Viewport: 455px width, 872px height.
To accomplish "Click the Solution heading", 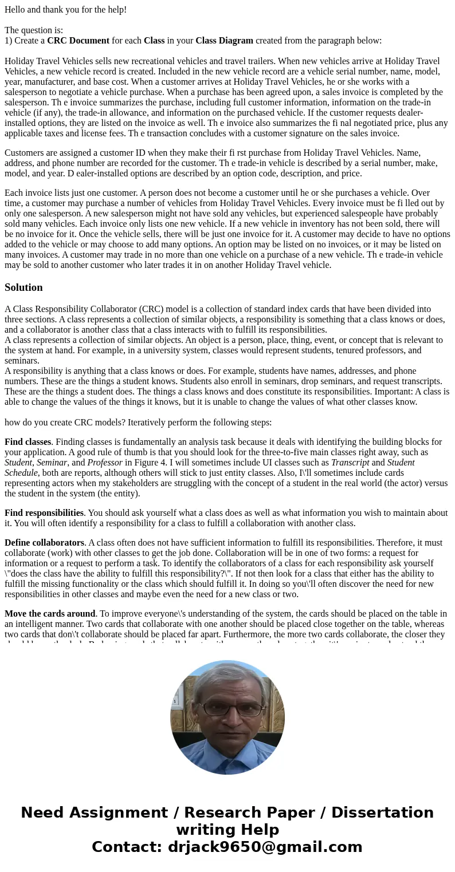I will (x=23, y=287).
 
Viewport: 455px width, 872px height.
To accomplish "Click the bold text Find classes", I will (x=28, y=442).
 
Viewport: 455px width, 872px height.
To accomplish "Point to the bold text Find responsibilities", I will (x=44, y=513).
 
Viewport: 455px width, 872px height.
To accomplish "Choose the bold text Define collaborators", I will (x=44, y=543).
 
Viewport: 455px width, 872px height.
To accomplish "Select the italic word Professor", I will (x=104, y=463).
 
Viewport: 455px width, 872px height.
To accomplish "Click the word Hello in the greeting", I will (x=17, y=10).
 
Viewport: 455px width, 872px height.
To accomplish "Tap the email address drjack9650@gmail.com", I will (x=265, y=847).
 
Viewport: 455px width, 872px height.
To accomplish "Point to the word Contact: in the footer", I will (x=127, y=847).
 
